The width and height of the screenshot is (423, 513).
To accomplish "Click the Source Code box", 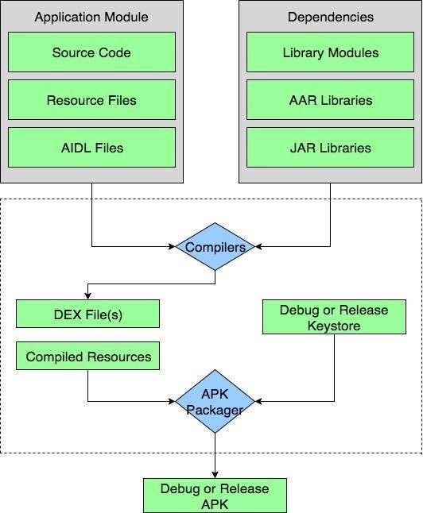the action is point(91,52).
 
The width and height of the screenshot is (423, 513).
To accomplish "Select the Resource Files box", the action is point(91,100).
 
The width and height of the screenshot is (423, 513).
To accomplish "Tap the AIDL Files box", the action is point(91,148).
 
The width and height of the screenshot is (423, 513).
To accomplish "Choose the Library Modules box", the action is point(330,52).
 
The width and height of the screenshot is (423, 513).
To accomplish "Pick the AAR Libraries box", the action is point(330,100).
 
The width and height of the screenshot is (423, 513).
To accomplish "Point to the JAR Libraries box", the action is point(330,148).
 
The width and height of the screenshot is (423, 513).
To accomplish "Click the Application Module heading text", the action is point(91,17).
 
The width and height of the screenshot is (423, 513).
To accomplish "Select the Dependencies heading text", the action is point(331,17).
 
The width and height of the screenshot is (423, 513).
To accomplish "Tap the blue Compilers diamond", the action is point(215,247).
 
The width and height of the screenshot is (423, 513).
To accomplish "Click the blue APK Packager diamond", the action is point(215,401).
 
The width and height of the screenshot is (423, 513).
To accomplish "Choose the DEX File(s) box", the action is point(87,314).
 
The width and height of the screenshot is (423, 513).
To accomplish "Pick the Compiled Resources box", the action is point(87,356).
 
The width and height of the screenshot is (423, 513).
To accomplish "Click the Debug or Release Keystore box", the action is point(334,317).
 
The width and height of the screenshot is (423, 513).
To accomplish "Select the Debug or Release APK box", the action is point(215,496).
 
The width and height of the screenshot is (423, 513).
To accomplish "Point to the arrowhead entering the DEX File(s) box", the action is point(87,295).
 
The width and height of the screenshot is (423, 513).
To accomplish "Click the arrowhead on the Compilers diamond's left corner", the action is point(172,247).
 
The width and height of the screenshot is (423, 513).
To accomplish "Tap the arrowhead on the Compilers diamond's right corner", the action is point(258,247).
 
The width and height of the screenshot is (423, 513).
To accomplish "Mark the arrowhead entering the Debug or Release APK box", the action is point(215,474).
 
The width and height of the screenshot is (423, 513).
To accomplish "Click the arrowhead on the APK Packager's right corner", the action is point(258,401).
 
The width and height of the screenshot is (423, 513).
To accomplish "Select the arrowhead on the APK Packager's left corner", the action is point(172,401).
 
